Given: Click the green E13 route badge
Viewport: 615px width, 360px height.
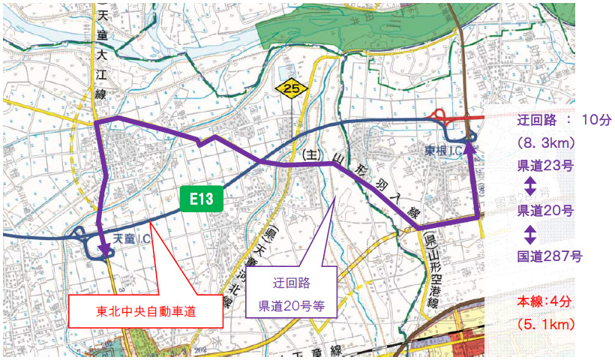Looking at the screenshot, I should pyautogui.click(x=202, y=199).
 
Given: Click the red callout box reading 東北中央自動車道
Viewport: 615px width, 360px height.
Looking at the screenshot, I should pyautogui.click(x=146, y=310).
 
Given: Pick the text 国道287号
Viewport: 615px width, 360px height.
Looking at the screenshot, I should pyautogui.click(x=550, y=256).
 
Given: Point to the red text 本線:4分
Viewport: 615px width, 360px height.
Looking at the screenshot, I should pyautogui.click(x=544, y=302).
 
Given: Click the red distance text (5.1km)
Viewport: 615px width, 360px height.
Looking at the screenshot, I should pyautogui.click(x=544, y=325).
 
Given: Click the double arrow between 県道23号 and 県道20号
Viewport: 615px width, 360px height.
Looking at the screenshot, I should pyautogui.click(x=529, y=187).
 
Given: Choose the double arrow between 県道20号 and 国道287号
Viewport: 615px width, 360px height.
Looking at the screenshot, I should pyautogui.click(x=529, y=234).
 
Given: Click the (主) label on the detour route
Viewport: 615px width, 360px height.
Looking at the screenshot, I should pyautogui.click(x=310, y=154).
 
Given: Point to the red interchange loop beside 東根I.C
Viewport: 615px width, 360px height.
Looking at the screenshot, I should pyautogui.click(x=441, y=117).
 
